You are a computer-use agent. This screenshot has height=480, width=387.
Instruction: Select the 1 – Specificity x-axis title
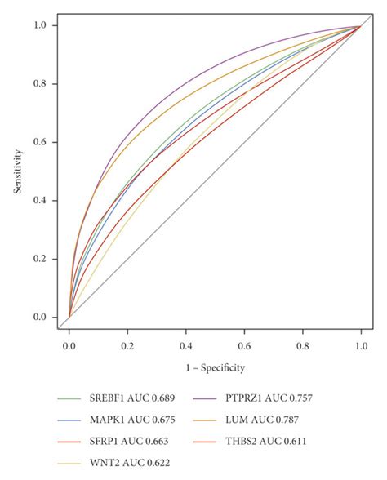click(215, 367)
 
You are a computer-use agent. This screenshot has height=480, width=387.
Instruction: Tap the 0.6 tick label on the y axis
click(38, 142)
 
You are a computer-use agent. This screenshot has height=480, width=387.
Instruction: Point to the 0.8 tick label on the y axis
click(38, 84)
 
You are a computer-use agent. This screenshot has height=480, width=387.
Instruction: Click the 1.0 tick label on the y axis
click(38, 25)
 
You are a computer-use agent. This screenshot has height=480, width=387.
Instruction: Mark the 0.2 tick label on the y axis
click(38, 259)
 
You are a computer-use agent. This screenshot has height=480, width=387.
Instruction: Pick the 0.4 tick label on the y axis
click(38, 201)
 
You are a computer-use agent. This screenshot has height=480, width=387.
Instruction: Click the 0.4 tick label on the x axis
click(186, 345)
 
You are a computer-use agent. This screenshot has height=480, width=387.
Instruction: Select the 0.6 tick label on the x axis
click(245, 345)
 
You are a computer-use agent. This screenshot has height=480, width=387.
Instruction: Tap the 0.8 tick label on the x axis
click(303, 345)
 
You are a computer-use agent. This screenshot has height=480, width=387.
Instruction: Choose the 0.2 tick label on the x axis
click(127, 345)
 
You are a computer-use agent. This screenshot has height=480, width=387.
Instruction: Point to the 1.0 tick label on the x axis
click(361, 345)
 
